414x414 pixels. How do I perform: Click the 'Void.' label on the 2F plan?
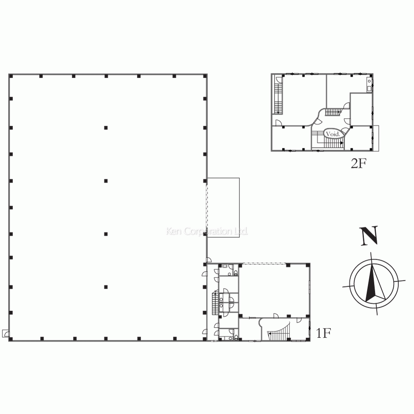pyautogui.click(x=332, y=134)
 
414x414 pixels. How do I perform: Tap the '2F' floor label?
pyautogui.click(x=359, y=164)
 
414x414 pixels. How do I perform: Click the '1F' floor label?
pyautogui.click(x=323, y=333)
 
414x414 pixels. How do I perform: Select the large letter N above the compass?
pyautogui.click(x=369, y=236)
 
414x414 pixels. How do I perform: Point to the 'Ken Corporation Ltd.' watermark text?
pyautogui.click(x=207, y=231)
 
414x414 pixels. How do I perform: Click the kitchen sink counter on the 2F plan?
pyautogui.click(x=369, y=85)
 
